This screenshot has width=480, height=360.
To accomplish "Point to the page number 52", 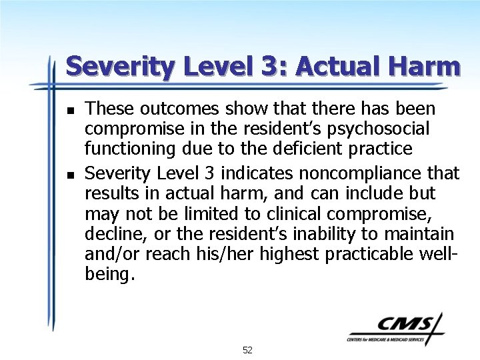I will pyautogui.click(x=247, y=350).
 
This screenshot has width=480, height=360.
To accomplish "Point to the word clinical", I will pyautogui.click(x=313, y=215).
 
